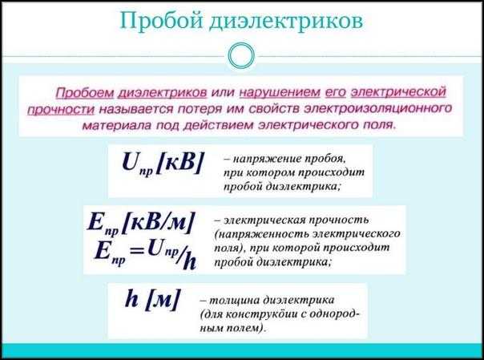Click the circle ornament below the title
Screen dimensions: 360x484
(x=241, y=55)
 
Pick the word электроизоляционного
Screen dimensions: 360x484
(x=378, y=107)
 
